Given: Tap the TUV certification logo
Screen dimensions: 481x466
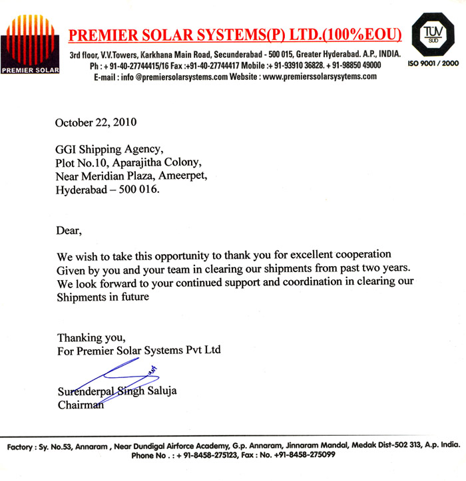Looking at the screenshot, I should point(435,35).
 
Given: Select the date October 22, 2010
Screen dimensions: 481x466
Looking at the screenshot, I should point(97,122).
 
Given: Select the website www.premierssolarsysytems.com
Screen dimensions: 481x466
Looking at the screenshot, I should point(320,77).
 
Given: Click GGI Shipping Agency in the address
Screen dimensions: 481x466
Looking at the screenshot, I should point(109,148).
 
